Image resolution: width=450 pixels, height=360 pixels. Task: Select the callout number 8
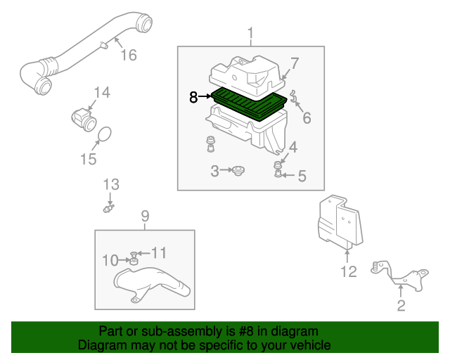193,98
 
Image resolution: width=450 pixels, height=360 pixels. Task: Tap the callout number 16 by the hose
128,56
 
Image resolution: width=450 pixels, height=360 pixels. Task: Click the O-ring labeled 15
103,134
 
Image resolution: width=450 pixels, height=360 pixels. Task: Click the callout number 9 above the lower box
145,216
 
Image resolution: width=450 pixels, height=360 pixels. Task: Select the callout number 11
160,252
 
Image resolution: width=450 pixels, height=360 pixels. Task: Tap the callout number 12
349,271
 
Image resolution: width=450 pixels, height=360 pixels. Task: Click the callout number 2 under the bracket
401,304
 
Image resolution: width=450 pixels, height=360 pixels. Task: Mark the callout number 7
295,63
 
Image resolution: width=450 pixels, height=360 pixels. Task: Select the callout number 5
302,176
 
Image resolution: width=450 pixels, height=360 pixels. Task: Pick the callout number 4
292,147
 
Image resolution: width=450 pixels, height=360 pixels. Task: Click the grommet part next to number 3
238,170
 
